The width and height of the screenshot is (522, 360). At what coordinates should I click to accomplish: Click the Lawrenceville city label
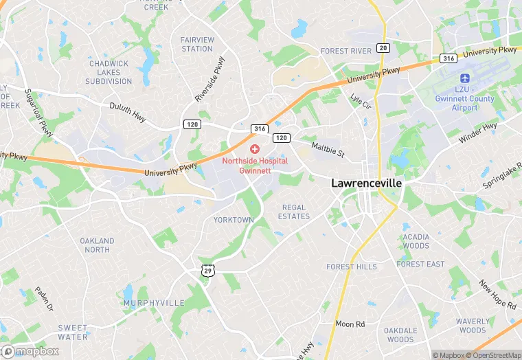click(366, 183)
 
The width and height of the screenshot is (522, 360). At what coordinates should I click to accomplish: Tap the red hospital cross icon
click(255, 148)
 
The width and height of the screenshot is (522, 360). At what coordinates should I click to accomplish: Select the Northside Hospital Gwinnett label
click(255, 165)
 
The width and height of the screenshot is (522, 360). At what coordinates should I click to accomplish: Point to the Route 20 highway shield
click(383, 47)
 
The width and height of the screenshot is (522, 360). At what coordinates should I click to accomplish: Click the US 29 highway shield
click(207, 271)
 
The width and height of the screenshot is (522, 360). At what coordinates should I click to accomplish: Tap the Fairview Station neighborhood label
click(197, 44)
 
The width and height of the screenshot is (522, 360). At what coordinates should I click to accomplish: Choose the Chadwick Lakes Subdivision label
click(109, 72)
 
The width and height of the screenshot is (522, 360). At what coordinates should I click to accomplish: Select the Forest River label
click(346, 51)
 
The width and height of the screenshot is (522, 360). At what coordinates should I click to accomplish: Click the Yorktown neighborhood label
click(234, 220)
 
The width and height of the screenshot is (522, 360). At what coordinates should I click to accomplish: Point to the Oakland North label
click(98, 245)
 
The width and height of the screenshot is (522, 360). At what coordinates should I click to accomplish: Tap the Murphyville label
click(154, 302)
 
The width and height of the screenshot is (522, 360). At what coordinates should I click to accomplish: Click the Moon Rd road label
click(350, 323)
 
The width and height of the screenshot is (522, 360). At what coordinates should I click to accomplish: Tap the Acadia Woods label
click(416, 241)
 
